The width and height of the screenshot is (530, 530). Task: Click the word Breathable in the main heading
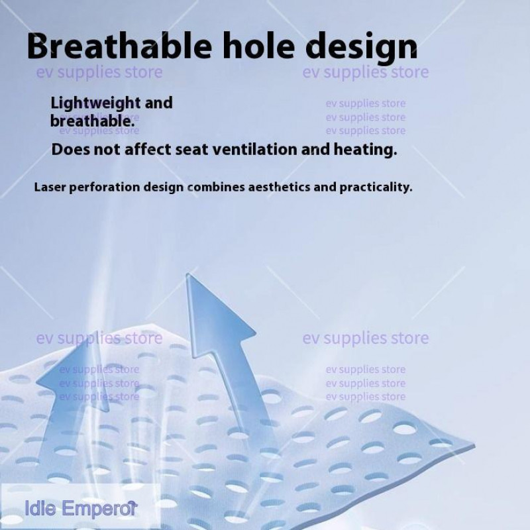tap(119, 46)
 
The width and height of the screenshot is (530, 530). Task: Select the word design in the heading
tap(361, 47)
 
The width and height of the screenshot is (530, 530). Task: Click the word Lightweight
tap(95, 103)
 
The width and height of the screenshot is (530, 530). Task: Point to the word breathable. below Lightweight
tap(93, 121)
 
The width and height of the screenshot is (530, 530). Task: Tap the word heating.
tap(365, 150)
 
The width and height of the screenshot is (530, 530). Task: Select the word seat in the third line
tap(191, 150)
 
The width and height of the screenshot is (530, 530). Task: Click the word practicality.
tap(376, 187)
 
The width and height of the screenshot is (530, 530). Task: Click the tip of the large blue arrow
tap(187, 274)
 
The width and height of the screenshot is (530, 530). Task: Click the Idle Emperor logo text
tap(81, 508)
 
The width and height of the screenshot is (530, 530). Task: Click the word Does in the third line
tap(70, 150)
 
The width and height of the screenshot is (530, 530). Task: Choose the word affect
tap(148, 150)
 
